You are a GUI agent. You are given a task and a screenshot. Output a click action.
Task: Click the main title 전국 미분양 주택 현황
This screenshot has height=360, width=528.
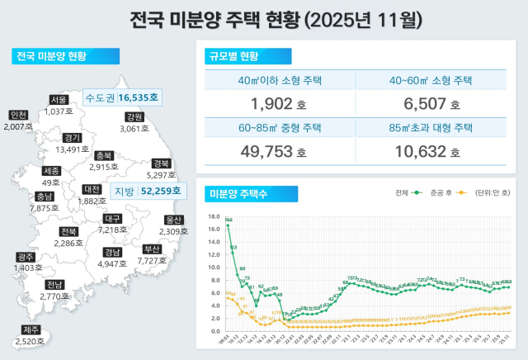point(264,19)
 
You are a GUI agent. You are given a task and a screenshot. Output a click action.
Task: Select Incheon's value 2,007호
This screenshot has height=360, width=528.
point(17,127)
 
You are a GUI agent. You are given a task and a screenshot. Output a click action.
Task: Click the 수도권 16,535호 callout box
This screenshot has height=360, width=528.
point(123,97)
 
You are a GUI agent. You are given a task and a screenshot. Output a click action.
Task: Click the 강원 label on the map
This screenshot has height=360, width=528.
point(134,117)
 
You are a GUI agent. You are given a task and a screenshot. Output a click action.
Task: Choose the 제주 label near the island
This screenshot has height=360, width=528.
point(30,330)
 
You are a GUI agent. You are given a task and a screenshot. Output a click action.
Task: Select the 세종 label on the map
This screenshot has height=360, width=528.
point(51,171)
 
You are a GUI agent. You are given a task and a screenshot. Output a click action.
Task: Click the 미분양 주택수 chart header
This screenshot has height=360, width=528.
point(240,193)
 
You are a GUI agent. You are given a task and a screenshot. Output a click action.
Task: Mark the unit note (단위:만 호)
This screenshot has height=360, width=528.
point(495,192)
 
